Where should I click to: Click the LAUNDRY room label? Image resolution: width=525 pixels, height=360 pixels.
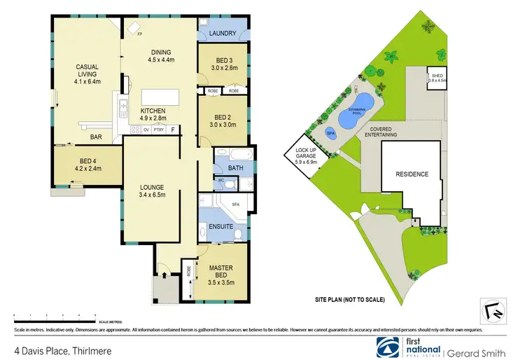[223, 33]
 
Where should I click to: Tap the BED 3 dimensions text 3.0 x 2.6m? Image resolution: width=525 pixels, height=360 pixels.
[223, 69]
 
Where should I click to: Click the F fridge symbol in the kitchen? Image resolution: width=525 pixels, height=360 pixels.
[172, 130]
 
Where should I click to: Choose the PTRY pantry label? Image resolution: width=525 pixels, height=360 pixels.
[158, 130]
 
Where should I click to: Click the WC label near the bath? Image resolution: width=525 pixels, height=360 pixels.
[221, 181]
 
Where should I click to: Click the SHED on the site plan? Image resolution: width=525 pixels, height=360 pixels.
[436, 76]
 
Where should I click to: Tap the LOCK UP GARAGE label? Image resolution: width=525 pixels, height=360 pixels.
[306, 156]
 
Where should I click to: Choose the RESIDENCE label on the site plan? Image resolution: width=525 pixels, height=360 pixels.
[412, 174]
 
